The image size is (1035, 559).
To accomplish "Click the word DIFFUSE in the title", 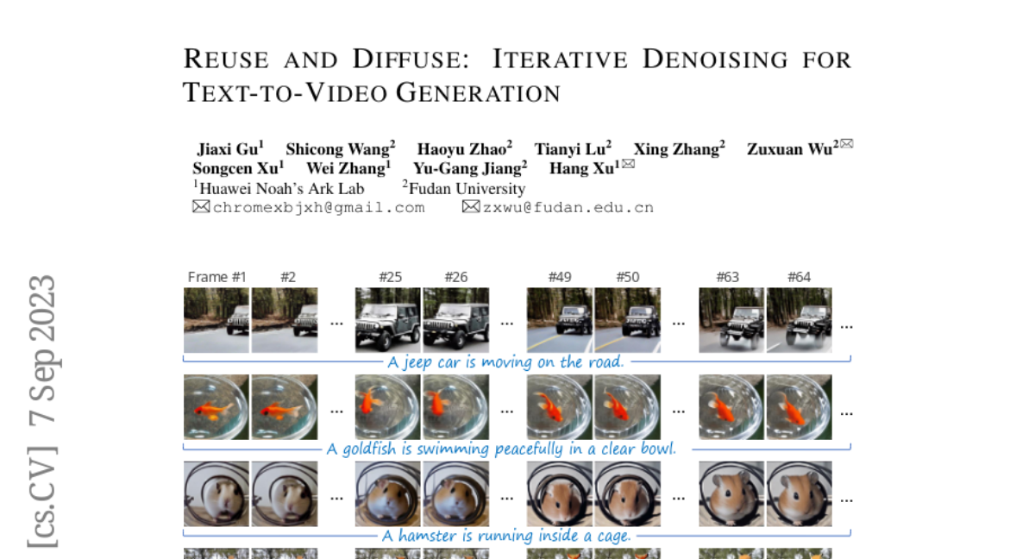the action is click(411, 60).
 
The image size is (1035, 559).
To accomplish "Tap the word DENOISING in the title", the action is click(715, 60).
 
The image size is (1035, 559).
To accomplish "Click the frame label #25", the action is click(391, 277).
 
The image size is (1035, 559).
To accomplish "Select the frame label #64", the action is click(799, 277).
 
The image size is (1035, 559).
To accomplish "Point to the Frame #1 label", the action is click(216, 277).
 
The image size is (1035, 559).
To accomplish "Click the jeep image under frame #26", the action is click(456, 320).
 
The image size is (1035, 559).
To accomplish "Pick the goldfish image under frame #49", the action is click(560, 407).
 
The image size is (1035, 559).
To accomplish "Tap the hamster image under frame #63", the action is click(731, 493).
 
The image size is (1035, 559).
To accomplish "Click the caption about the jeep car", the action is click(506, 362).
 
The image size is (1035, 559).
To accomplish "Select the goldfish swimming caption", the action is click(502, 449).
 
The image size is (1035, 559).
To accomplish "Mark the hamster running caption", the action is click(506, 536).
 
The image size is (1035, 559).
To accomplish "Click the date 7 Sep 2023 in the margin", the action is click(42, 349).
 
